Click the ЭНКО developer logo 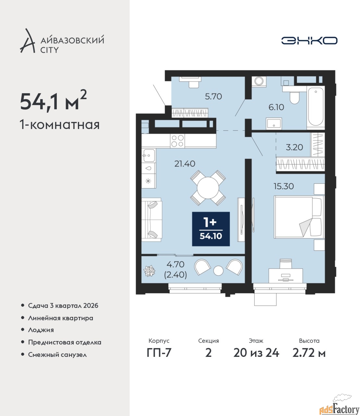[x=309, y=40]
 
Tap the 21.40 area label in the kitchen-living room [x=185, y=164]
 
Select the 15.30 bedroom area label [x=284, y=186]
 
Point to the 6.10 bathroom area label [x=276, y=107]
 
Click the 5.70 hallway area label [x=214, y=97]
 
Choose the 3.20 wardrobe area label [x=294, y=147]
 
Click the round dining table [x=208, y=188]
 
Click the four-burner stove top [x=178, y=141]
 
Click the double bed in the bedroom [x=299, y=217]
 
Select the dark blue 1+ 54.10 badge [x=211, y=229]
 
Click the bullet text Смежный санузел [x=57, y=355]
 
